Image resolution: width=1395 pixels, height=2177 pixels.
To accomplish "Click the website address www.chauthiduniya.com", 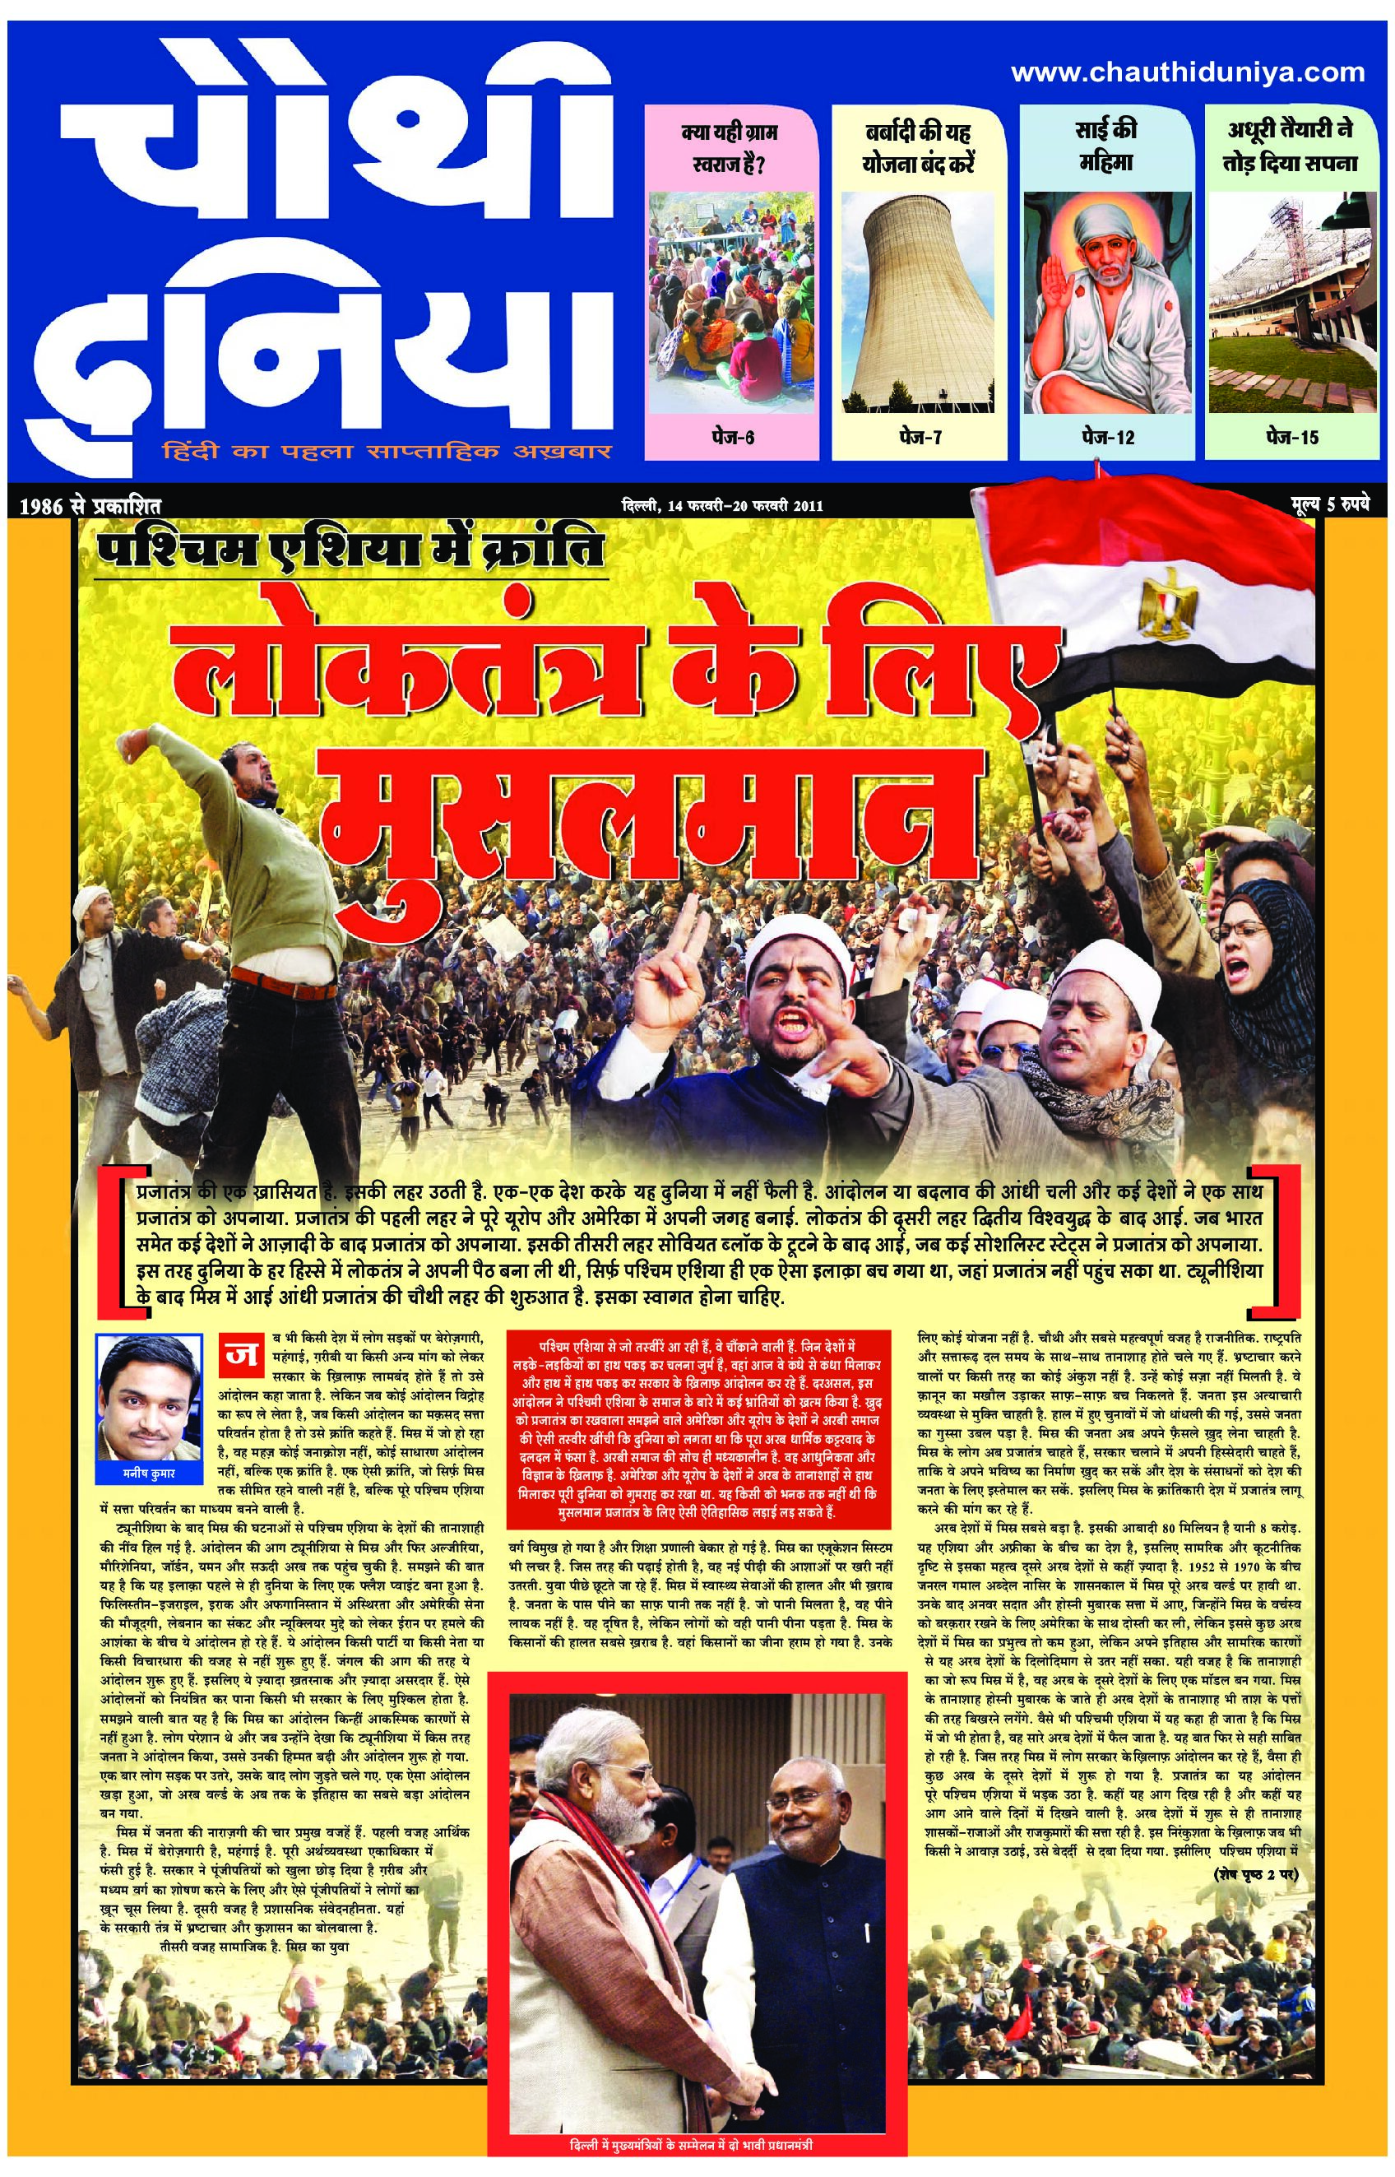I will (1187, 72).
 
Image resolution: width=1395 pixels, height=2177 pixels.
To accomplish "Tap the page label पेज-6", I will (732, 438).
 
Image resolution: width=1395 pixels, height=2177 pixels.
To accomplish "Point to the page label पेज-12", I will (1107, 438).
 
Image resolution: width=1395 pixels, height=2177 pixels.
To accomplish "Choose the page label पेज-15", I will (1291, 438).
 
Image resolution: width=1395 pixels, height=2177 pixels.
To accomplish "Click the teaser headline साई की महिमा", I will (1107, 145).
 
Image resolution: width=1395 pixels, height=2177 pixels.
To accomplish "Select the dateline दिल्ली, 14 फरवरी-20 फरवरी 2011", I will (716, 505).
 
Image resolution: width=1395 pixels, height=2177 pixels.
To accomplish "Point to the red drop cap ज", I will (239, 1353).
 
